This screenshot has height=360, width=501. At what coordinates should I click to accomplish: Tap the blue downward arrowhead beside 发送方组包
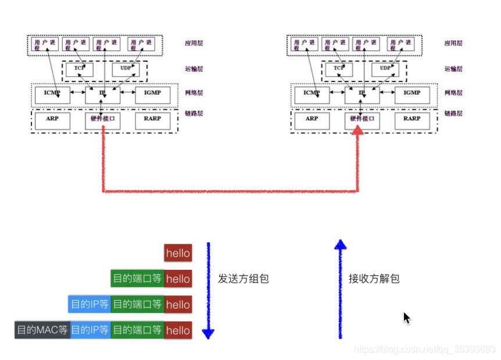coord(208,333)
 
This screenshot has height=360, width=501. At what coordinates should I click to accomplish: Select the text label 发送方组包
coord(244,279)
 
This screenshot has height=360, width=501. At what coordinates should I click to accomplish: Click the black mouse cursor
coord(407,318)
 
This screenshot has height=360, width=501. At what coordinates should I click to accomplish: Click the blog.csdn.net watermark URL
coord(424,349)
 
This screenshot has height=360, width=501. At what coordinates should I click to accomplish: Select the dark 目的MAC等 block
coord(42,330)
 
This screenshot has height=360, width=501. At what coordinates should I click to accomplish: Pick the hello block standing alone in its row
coord(178,253)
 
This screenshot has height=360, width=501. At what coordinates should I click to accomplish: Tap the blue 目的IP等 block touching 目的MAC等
coord(90,330)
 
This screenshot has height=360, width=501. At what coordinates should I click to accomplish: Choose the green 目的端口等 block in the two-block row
coord(137,279)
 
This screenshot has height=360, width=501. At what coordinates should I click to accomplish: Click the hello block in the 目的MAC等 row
coord(178,330)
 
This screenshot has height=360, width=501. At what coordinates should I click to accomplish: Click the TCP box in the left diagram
coord(79,69)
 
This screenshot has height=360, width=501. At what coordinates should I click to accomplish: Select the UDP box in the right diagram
coord(385,69)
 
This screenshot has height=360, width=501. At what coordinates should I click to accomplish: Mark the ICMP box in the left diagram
coord(52,93)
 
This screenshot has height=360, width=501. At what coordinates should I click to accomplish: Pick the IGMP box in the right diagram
coord(411,93)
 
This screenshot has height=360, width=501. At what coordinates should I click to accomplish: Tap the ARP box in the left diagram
coord(52,119)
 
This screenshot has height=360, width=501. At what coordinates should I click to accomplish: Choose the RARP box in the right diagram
coord(411,119)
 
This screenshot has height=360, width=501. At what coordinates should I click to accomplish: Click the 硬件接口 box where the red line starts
coord(102,119)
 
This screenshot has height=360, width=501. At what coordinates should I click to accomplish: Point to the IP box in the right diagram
coord(362,93)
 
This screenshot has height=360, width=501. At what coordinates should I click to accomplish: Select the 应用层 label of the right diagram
coord(453,43)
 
